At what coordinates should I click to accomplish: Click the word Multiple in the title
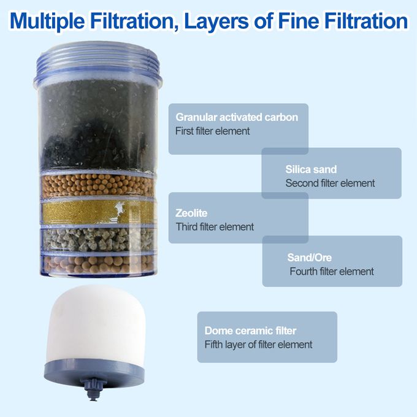click(x=47, y=21)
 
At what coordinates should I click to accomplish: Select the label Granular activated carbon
click(x=237, y=117)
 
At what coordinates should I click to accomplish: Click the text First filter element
click(x=213, y=131)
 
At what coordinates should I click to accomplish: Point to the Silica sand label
click(x=311, y=169)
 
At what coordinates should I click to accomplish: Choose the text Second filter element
click(x=330, y=183)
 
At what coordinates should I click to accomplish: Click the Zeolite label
click(x=191, y=213)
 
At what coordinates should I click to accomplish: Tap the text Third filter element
click(x=215, y=227)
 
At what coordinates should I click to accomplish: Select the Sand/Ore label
click(x=309, y=258)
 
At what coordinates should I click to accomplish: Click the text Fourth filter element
click(x=332, y=271)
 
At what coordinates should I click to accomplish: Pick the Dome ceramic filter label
click(x=250, y=331)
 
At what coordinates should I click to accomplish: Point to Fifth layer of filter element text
click(x=258, y=345)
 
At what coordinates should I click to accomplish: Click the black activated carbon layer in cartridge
click(x=97, y=125)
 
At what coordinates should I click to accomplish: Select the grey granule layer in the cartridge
click(x=98, y=240)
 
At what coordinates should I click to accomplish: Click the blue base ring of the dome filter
click(x=94, y=372)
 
